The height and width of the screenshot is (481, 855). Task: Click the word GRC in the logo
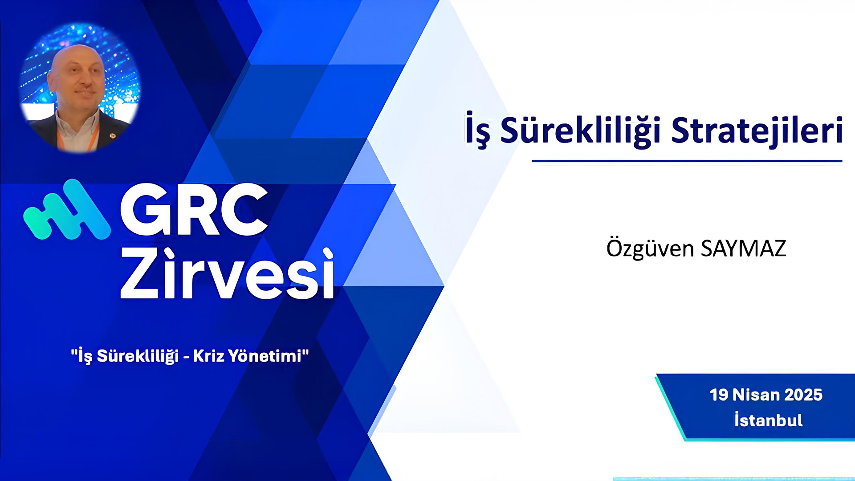[194, 209]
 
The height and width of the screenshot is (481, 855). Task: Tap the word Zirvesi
[227, 273]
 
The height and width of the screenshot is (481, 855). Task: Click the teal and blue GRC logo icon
[67, 209]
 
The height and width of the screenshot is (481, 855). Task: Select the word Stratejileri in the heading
[757, 130]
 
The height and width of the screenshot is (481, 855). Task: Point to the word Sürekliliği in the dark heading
[580, 131]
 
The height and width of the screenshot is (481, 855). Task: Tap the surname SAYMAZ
[743, 249]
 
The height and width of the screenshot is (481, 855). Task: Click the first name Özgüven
[650, 248]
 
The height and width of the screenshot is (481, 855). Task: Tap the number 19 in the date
[719, 395]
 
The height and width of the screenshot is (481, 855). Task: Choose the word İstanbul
[769, 420]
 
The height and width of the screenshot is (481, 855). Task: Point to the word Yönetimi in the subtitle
[265, 356]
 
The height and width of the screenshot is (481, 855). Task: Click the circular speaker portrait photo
[80, 88]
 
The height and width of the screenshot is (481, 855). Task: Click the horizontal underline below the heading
[687, 161]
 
